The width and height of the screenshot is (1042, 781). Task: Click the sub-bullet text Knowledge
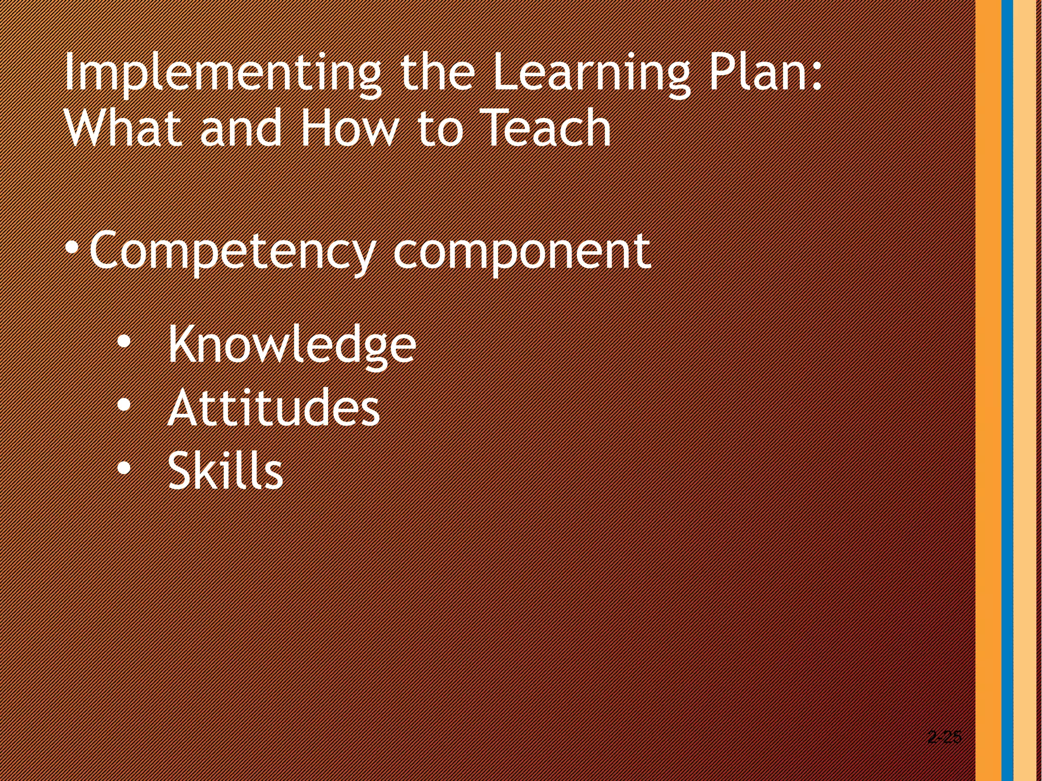(x=292, y=345)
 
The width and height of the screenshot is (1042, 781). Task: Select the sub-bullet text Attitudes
(x=274, y=408)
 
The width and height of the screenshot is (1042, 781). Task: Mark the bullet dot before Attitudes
(x=124, y=406)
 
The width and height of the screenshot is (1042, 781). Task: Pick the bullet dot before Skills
(x=124, y=468)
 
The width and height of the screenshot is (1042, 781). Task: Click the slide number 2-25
(x=944, y=737)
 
